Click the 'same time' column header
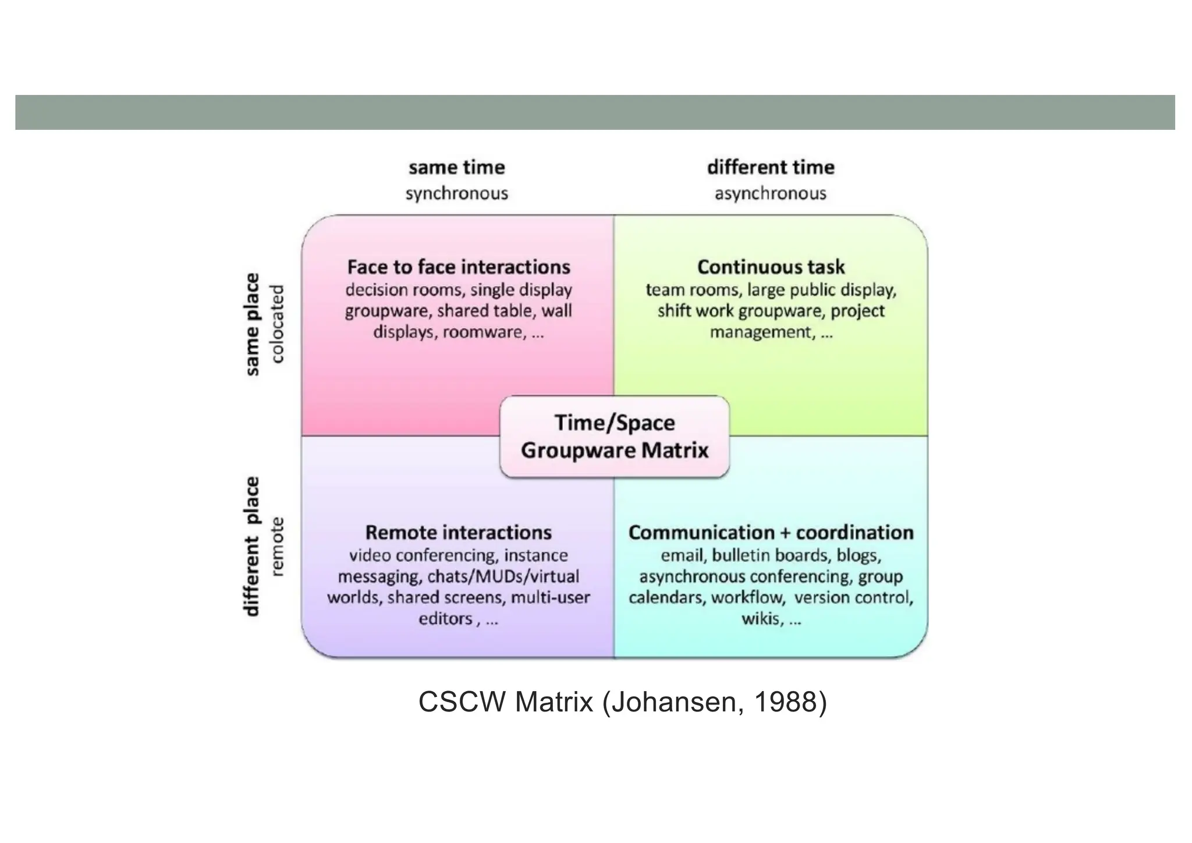[x=456, y=168]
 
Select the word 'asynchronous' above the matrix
[x=770, y=193]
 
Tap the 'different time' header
[x=771, y=168]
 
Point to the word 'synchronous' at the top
[x=456, y=193]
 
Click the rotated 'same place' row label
[x=252, y=324]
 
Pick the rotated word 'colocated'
[x=278, y=324]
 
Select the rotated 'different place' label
[x=252, y=546]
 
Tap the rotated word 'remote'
[x=278, y=546]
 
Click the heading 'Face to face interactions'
[x=459, y=267]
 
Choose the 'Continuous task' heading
[x=771, y=267]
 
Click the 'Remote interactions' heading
[x=459, y=532]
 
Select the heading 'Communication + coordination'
[x=771, y=532]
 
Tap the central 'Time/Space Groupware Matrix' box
[x=615, y=437]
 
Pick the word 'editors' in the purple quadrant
[x=445, y=618]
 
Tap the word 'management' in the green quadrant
[x=760, y=332]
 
